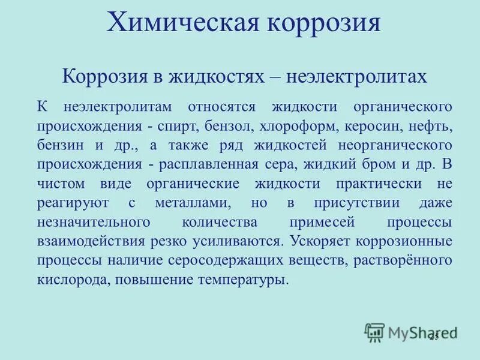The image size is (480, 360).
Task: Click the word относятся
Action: [221, 107]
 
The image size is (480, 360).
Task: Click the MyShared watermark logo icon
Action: [374, 332]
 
